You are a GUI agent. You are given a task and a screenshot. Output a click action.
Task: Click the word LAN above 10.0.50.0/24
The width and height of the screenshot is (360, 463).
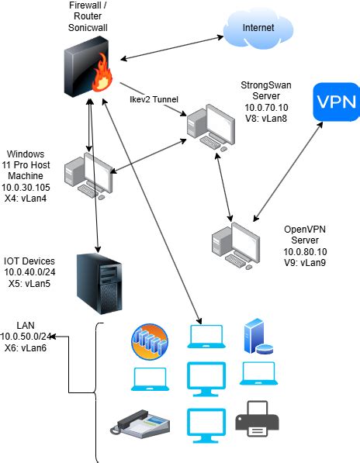26,324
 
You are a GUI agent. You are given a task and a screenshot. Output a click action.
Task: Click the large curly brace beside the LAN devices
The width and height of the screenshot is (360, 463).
99,392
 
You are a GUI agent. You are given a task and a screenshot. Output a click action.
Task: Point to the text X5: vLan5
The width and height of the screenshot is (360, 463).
30,285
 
